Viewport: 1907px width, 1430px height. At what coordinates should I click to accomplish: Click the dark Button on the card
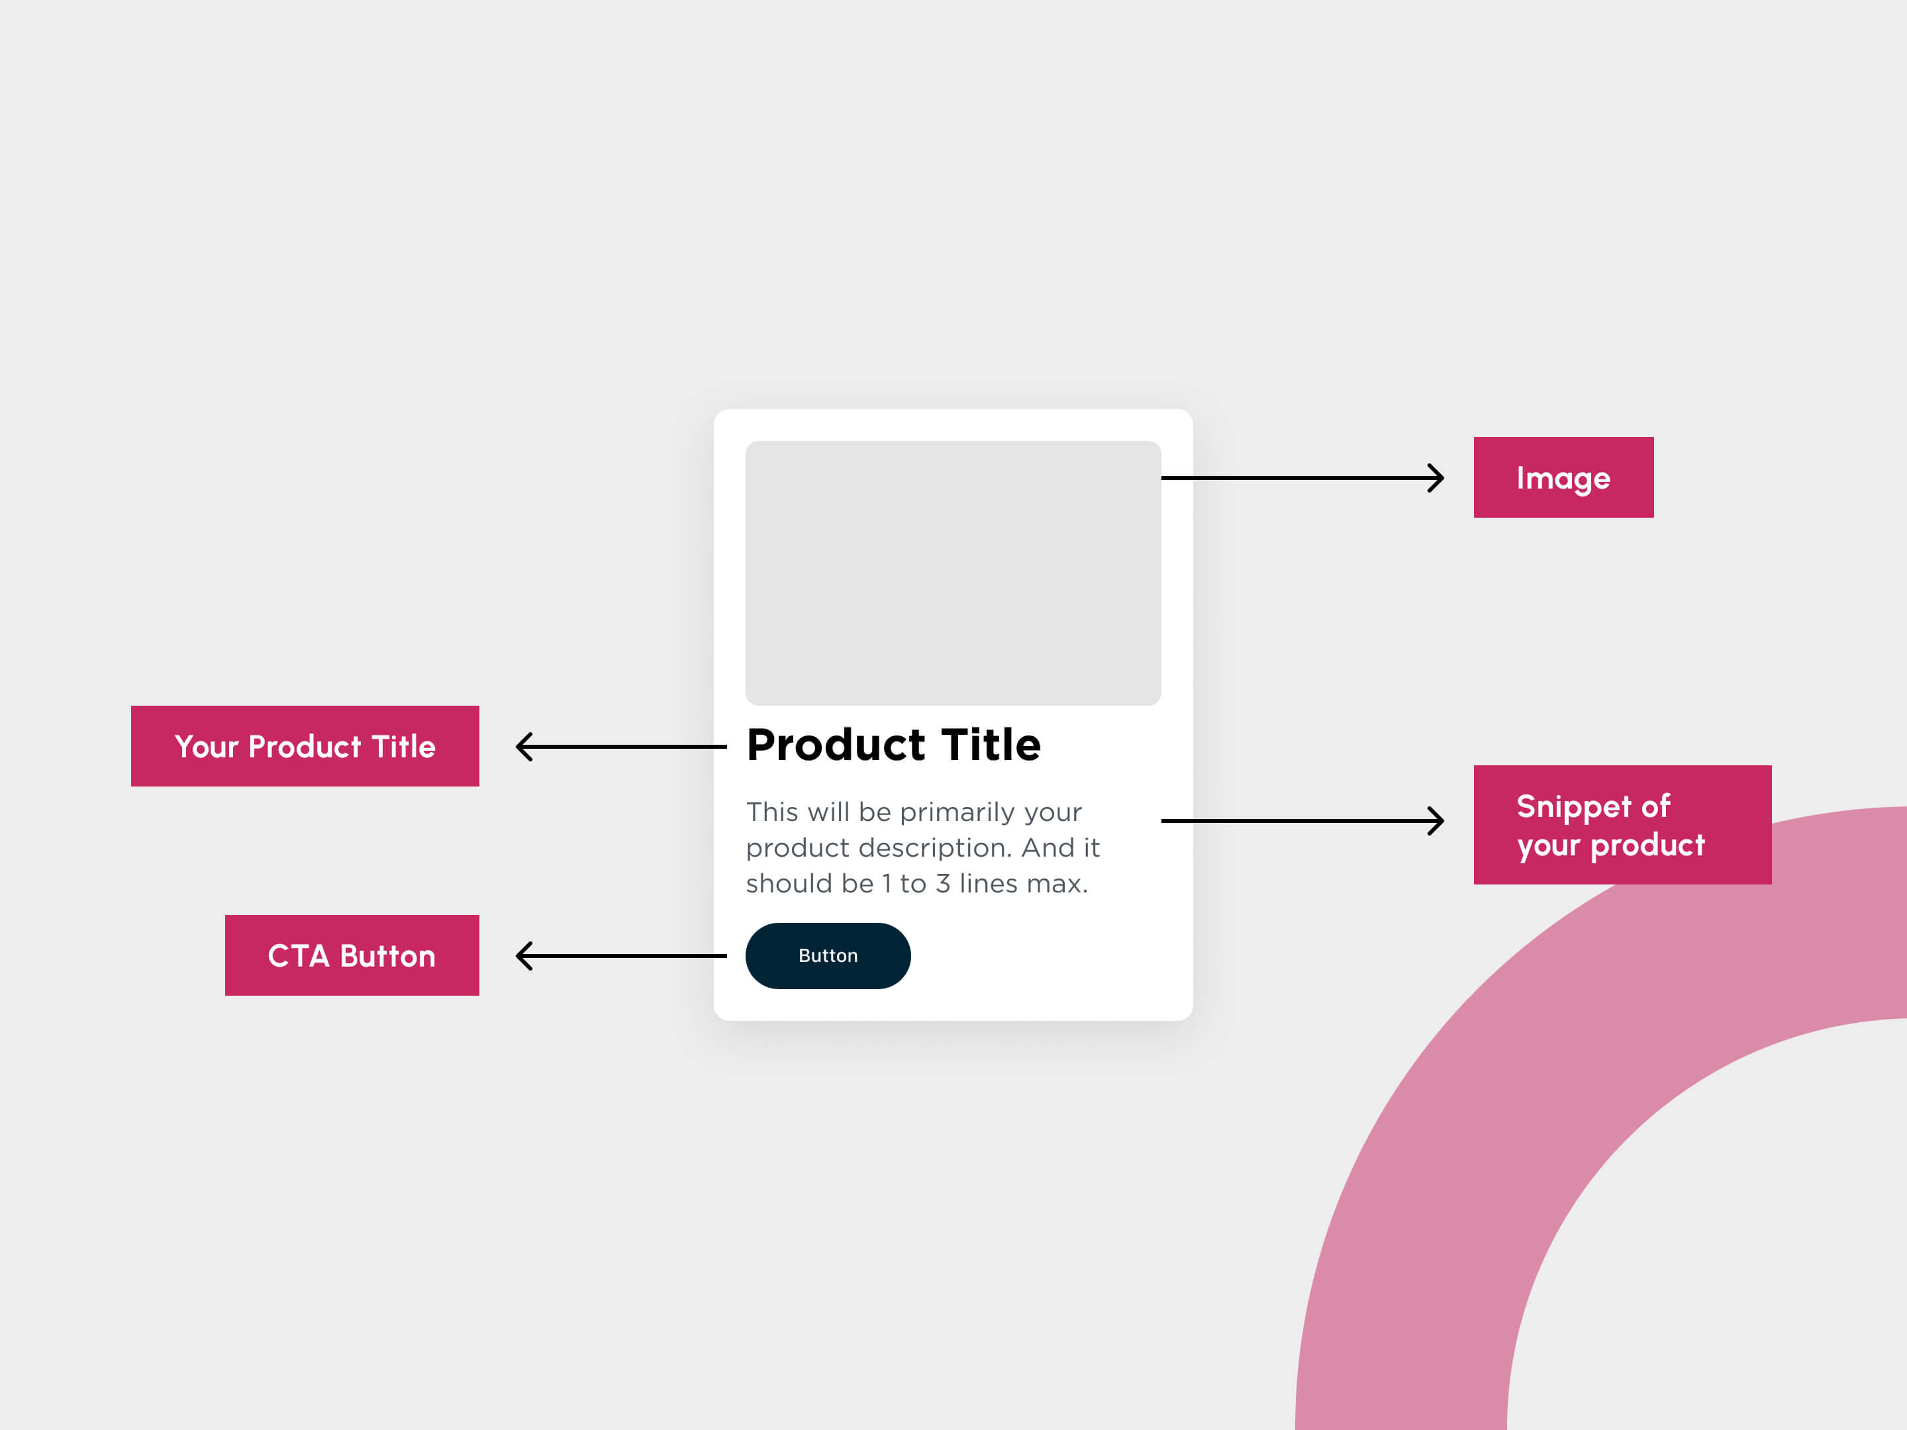[828, 955]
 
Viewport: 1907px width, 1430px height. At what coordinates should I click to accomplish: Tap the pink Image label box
[1563, 477]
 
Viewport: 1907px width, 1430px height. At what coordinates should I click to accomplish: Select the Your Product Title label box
[305, 745]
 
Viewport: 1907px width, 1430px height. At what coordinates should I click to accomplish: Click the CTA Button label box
[352, 955]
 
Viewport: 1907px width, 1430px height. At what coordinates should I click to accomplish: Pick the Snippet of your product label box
[1622, 824]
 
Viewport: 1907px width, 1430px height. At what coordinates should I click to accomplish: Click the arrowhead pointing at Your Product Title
[523, 747]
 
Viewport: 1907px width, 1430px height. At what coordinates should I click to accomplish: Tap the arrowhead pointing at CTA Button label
[523, 956]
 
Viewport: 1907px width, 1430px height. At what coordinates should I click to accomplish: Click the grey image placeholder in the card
[953, 573]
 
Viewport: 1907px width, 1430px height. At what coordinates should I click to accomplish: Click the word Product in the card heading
[836, 745]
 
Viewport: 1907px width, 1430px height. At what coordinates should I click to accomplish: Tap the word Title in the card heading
[991, 745]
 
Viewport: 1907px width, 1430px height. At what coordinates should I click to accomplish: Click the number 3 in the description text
[943, 884]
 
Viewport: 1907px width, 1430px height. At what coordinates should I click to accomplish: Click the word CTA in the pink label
[298, 956]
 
